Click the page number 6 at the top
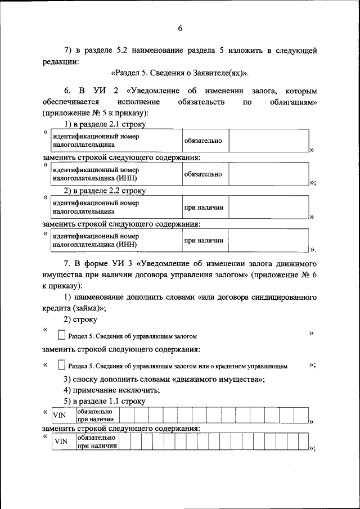point(180,28)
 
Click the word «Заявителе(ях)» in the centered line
point(222,74)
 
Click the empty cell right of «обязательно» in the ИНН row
point(268,174)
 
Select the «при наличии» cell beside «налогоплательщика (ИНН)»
point(204,241)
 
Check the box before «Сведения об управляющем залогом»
point(61,335)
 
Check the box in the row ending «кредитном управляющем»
point(61,365)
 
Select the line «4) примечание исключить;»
point(111,390)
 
